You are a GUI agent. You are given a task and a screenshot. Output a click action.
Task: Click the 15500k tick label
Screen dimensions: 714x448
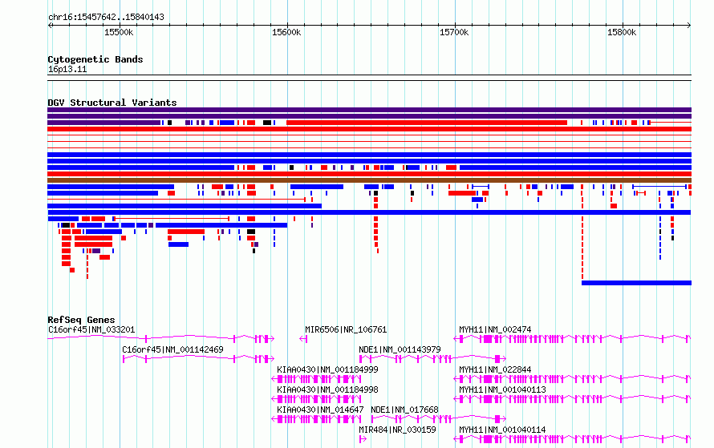(119, 33)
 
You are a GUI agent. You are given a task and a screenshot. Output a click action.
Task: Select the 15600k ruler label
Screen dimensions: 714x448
(286, 33)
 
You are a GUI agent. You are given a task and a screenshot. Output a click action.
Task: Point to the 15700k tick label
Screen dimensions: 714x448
(454, 33)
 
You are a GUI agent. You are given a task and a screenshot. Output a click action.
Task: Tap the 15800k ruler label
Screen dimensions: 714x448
(622, 33)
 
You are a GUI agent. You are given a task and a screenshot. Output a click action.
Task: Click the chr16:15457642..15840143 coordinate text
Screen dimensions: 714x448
(106, 18)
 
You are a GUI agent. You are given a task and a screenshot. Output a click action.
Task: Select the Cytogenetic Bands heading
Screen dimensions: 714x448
(95, 59)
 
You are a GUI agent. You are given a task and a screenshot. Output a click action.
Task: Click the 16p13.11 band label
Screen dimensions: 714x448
(67, 70)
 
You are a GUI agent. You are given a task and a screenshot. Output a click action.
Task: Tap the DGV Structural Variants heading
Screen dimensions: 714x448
(112, 103)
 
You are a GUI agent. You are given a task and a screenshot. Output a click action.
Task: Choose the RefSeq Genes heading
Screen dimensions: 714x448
(81, 320)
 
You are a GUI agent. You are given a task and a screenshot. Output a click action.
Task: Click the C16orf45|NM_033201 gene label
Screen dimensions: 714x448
(91, 329)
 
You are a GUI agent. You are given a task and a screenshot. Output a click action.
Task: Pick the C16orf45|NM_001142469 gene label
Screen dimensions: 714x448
(172, 349)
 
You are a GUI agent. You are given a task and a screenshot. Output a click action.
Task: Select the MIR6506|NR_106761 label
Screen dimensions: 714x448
(346, 329)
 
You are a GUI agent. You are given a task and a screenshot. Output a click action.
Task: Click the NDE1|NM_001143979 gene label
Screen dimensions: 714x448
(400, 349)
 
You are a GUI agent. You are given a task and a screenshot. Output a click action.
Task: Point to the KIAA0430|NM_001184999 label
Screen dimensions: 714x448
(327, 369)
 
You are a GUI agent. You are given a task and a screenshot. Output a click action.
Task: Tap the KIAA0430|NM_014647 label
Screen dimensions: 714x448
(320, 410)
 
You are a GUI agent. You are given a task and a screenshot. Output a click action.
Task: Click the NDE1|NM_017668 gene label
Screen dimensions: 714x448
(404, 410)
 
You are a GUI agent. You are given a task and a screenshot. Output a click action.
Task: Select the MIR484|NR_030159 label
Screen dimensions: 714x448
(397, 430)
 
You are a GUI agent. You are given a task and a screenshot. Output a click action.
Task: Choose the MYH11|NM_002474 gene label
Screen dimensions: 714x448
(495, 329)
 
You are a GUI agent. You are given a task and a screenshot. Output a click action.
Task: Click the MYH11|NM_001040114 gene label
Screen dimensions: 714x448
(502, 430)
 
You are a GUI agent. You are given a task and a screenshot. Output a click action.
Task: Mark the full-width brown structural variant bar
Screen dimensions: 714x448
(369, 180)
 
